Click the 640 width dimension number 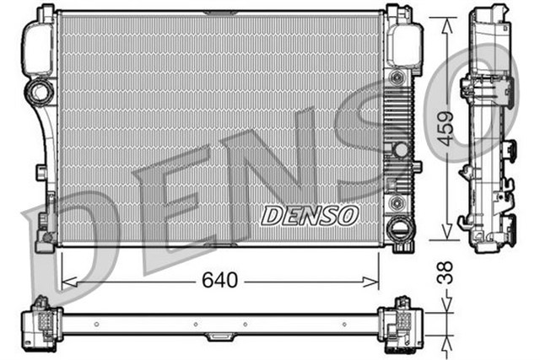click(220, 278)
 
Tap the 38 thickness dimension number click(446, 271)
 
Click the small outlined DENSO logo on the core click(310, 215)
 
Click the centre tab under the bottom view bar click(220, 336)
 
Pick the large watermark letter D click(59, 244)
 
